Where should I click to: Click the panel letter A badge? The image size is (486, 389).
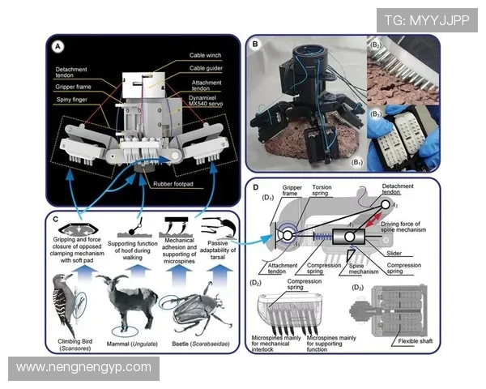click(x=58, y=47)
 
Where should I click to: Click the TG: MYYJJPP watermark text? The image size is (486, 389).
click(x=426, y=20)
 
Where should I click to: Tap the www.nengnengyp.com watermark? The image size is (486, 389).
click(x=83, y=367)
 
